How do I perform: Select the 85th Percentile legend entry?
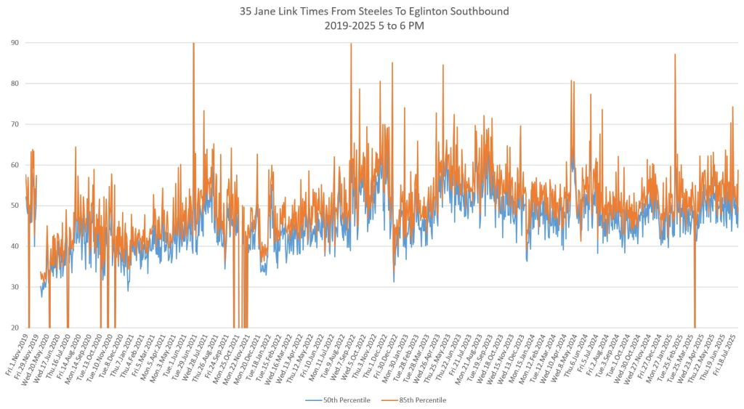tap(421, 400)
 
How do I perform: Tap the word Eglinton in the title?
tap(427, 12)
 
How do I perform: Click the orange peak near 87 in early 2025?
tap(675, 55)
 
